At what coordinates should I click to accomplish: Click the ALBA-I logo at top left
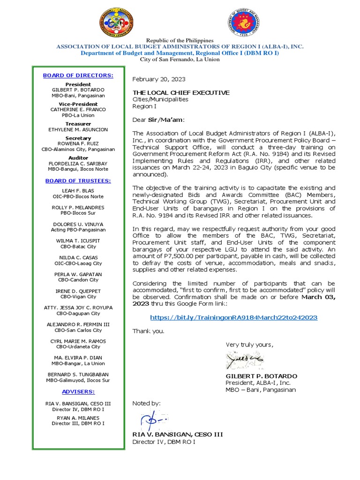coord(117,23)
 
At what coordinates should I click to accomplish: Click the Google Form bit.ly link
coord(233,317)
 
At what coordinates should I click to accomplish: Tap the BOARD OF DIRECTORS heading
coord(78,75)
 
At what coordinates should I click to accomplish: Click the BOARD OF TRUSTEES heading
coord(78,180)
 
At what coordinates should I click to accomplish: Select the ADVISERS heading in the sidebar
coord(78,391)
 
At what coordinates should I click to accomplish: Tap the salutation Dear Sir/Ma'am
coord(158,120)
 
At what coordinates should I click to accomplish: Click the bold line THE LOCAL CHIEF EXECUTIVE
coord(181,93)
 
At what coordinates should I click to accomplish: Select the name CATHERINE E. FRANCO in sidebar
coord(78,109)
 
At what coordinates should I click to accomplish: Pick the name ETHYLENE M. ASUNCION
coord(78,129)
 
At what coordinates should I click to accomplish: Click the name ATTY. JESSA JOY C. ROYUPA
coord(78,307)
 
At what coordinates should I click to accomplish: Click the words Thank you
coord(149,331)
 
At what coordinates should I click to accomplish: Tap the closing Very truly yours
coord(249,345)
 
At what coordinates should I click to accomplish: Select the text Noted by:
coord(146,403)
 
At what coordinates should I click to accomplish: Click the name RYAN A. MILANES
coord(78,418)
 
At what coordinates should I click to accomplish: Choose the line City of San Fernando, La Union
coord(180,60)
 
